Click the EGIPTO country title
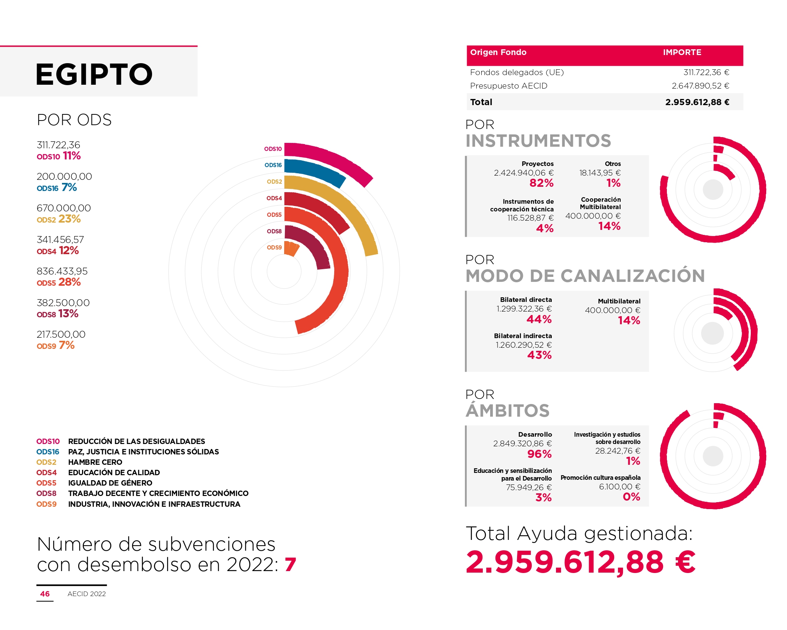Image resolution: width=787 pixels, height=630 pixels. [94, 74]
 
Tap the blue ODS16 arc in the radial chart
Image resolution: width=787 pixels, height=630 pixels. [316, 169]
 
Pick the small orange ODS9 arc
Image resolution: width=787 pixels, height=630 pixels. [291, 249]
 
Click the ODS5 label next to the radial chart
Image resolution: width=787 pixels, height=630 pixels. [274, 215]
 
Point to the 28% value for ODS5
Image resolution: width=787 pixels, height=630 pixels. [70, 282]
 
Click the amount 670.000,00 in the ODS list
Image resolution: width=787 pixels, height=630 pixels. [64, 208]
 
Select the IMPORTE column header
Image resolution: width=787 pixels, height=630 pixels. [682, 52]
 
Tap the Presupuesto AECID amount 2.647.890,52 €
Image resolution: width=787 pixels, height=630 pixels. [700, 86]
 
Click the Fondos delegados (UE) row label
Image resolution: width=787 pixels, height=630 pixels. [517, 72]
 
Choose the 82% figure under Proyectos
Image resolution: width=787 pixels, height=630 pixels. [541, 183]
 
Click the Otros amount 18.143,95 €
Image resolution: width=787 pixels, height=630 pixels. [600, 173]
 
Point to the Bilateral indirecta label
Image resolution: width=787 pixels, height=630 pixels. [522, 336]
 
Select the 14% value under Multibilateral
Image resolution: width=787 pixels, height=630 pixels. [629, 320]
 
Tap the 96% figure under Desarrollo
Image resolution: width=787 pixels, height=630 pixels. [539, 454]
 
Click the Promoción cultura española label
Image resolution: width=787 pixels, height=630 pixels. [600, 478]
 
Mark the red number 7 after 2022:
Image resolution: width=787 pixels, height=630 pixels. [290, 565]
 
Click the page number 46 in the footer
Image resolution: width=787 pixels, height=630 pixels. [45, 594]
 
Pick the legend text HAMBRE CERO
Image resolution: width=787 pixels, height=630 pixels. [95, 462]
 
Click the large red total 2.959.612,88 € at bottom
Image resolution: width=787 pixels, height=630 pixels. [581, 562]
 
